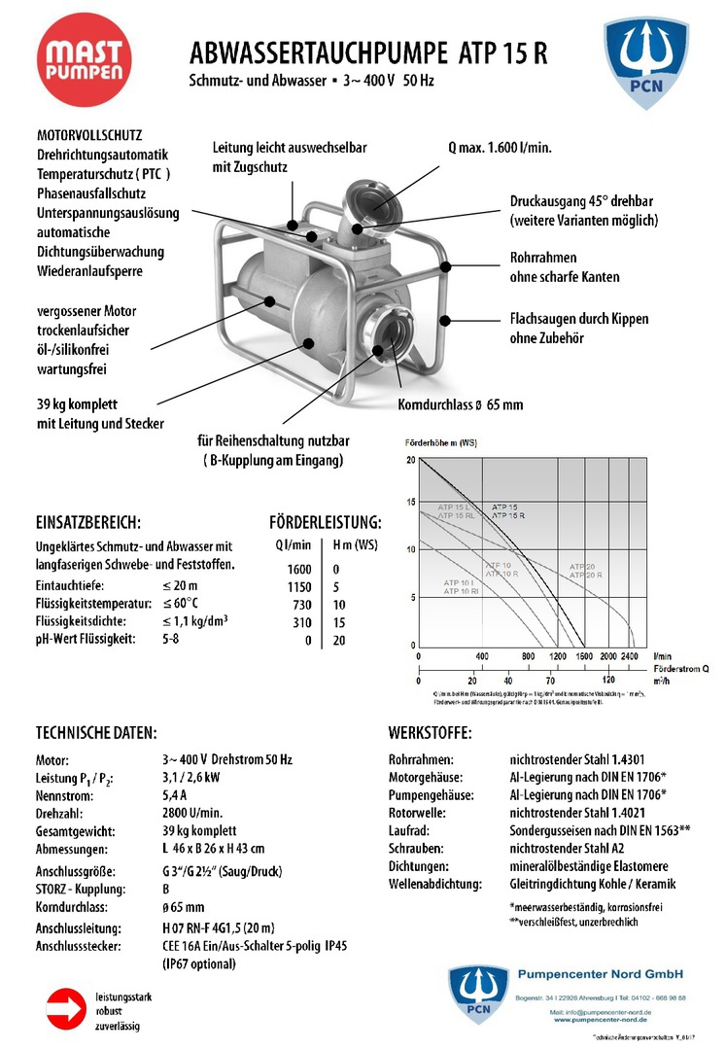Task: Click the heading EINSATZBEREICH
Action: pyautogui.click(x=88, y=522)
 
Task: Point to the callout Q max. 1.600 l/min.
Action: pyautogui.click(x=500, y=149)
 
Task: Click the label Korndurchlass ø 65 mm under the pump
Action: pyautogui.click(x=460, y=404)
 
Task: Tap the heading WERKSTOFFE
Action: pyautogui.click(x=430, y=732)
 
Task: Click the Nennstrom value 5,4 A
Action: pyautogui.click(x=176, y=794)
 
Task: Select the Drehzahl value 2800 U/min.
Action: pyautogui.click(x=192, y=813)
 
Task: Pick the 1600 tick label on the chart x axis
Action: pyautogui.click(x=582, y=656)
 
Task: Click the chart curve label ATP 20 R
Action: pyautogui.click(x=585, y=576)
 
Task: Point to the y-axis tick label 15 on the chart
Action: pyautogui.click(x=411, y=503)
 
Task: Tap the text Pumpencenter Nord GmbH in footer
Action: pyautogui.click(x=602, y=974)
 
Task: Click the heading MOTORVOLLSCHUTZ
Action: pyautogui.click(x=89, y=136)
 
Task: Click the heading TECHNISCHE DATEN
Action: pyautogui.click(x=96, y=732)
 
